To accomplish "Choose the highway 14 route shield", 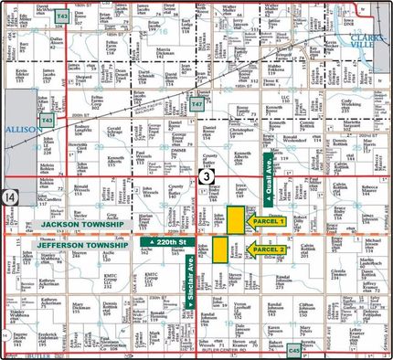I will [9, 197].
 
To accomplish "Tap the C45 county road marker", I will [294, 348].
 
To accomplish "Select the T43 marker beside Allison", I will [47, 120].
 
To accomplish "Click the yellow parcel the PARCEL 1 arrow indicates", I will [235, 220].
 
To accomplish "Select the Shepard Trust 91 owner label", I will [82, 79].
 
